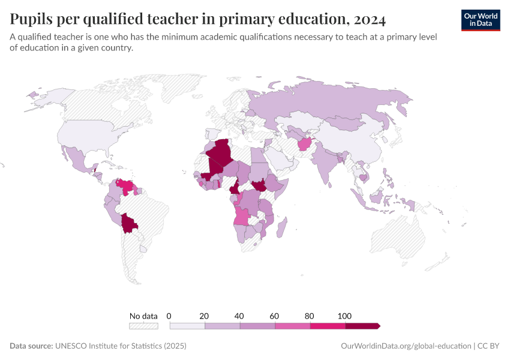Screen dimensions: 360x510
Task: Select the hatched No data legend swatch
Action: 143,326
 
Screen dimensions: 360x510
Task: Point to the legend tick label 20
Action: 204,316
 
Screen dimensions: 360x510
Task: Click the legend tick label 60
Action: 275,316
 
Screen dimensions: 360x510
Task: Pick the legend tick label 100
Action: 344,316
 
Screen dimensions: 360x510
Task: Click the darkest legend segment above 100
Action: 362,326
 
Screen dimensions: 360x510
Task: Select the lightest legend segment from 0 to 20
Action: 187,326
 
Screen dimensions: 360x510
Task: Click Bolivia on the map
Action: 128,224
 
